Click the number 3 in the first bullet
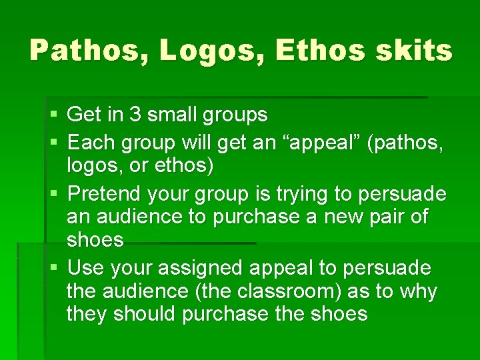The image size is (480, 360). coord(135,115)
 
